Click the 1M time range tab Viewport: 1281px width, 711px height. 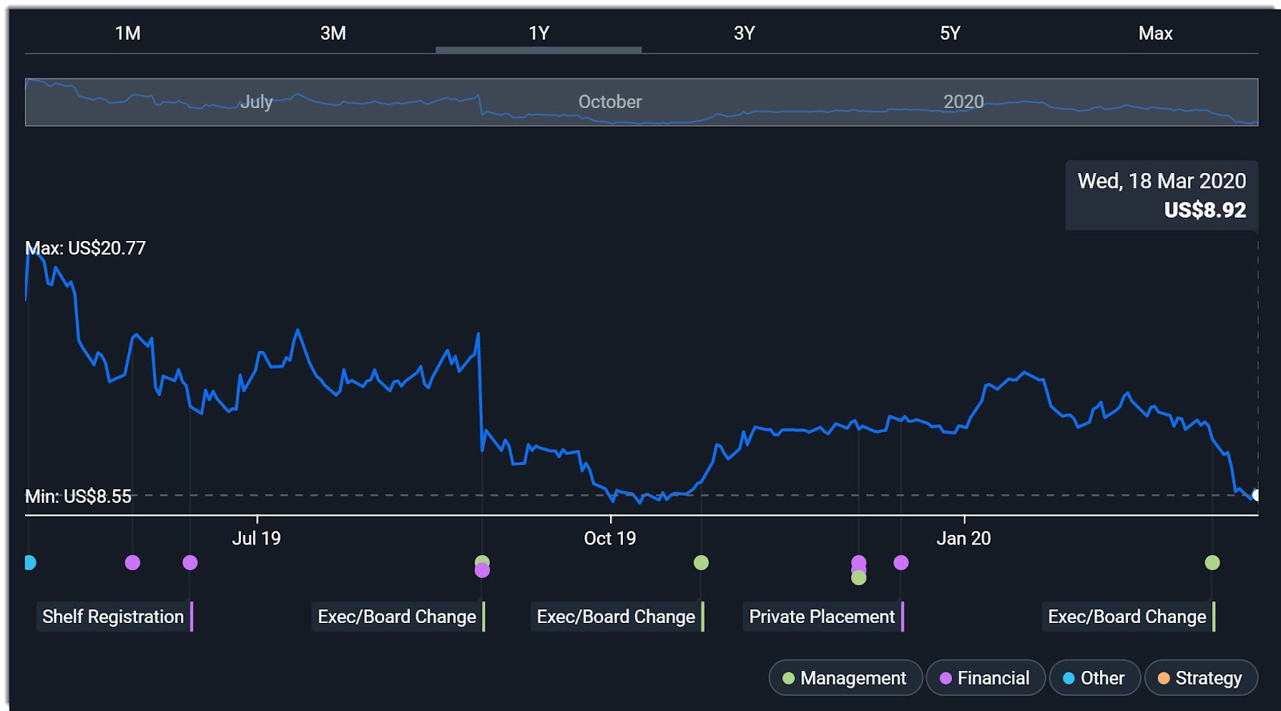128,33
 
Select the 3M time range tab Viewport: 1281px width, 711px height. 333,33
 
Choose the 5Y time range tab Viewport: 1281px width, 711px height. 950,33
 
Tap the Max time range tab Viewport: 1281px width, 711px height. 1155,33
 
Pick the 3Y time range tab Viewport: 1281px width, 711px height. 744,33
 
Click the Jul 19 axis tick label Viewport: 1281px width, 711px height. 256,538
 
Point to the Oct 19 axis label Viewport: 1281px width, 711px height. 610,538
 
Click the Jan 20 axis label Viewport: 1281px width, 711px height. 964,538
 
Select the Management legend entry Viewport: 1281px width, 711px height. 845,678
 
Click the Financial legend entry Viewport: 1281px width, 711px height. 986,678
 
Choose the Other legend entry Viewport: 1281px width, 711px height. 1094,678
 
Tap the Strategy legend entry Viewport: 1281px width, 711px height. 1201,678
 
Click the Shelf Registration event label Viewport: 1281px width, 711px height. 113,617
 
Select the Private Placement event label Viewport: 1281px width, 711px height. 821,617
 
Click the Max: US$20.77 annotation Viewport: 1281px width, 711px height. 86,248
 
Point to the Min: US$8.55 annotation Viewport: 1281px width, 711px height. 78,496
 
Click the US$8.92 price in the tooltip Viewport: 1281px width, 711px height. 1205,210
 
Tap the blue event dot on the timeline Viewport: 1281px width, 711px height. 30,563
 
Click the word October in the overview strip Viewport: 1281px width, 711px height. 610,102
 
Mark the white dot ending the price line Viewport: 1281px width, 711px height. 1255,495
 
